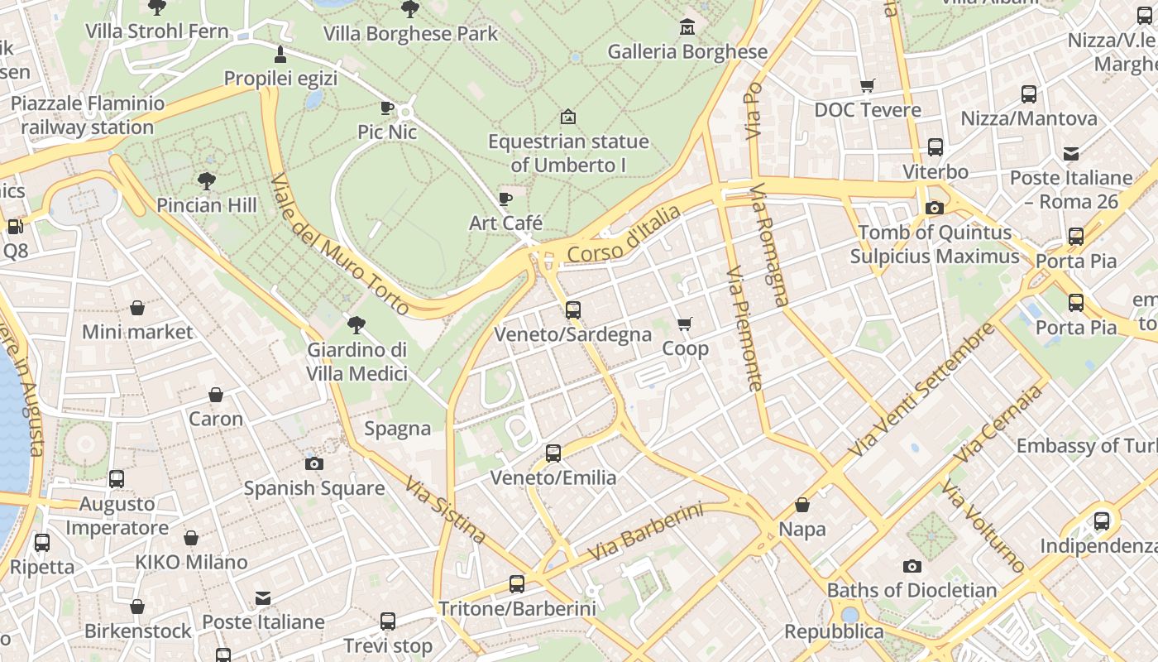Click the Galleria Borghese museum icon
(x=687, y=28)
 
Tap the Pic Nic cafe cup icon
(x=386, y=108)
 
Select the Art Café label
(x=505, y=223)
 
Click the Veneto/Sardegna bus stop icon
(x=572, y=310)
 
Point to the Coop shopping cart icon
(x=684, y=324)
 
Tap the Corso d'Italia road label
(x=624, y=236)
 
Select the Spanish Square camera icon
(x=314, y=463)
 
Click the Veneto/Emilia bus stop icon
(x=553, y=453)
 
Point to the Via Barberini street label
(x=645, y=532)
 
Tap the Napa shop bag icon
(x=802, y=505)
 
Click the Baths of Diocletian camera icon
(x=912, y=566)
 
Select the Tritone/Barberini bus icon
(x=517, y=584)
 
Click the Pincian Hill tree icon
(x=206, y=180)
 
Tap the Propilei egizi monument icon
(x=280, y=55)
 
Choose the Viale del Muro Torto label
(x=339, y=244)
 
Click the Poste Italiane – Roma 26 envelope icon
(x=1071, y=153)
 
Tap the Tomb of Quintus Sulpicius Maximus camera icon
(x=935, y=208)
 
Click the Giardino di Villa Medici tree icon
(x=356, y=324)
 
